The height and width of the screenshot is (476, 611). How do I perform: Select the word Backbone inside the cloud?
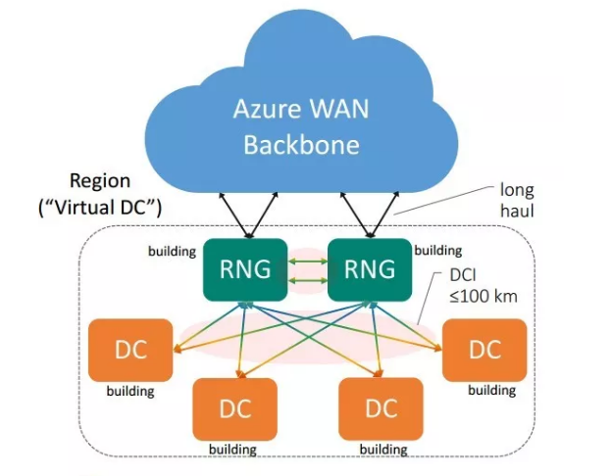[x=302, y=145]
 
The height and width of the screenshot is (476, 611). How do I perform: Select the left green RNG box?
[x=245, y=267]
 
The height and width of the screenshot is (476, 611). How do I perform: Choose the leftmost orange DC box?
[x=130, y=350]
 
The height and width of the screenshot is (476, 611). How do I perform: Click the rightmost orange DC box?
[x=484, y=350]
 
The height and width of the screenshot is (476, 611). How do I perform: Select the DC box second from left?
[x=234, y=407]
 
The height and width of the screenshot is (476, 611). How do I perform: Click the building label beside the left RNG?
[x=172, y=251]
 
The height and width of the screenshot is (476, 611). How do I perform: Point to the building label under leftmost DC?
[x=130, y=392]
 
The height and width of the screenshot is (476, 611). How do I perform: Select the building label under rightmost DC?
[x=490, y=390]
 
